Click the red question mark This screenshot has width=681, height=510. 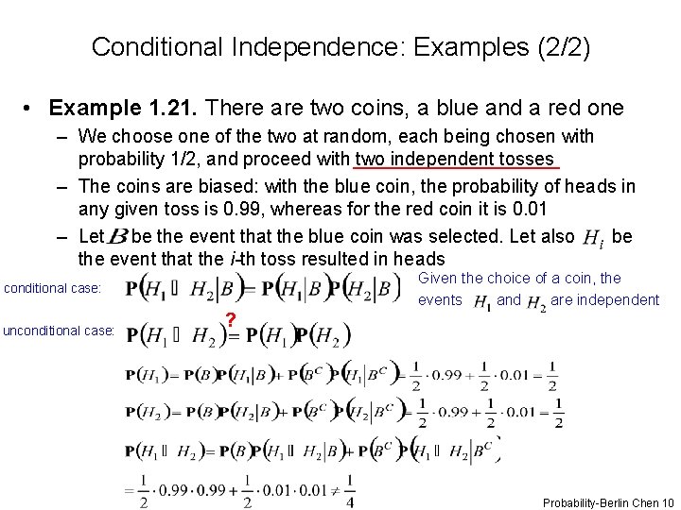(x=230, y=319)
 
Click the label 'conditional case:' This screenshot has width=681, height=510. (x=52, y=288)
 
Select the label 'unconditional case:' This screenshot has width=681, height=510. (x=59, y=331)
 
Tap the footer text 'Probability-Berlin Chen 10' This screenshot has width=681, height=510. (x=608, y=503)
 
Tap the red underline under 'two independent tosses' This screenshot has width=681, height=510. (x=457, y=167)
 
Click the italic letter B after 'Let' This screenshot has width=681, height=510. (x=120, y=236)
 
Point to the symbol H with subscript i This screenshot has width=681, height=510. (x=592, y=238)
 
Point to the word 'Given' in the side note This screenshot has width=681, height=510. (x=438, y=278)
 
